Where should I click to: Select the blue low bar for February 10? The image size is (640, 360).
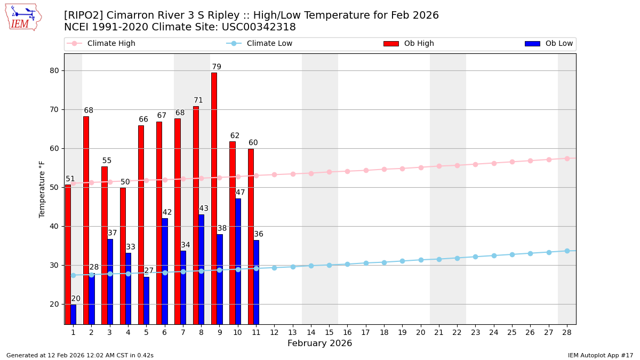point(238,261)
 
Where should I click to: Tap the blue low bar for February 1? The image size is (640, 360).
point(73,314)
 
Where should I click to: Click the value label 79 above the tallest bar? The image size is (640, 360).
point(217,67)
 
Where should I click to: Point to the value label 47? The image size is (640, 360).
point(241,193)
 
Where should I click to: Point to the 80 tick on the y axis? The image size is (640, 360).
point(55,70)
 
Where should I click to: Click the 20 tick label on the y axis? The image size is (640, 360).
point(55,304)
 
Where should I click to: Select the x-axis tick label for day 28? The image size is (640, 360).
point(567,332)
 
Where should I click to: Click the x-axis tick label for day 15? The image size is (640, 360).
point(329,332)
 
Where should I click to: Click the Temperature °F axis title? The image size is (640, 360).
point(42,189)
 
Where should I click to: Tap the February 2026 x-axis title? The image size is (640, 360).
point(320,343)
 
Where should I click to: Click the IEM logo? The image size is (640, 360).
point(23,17)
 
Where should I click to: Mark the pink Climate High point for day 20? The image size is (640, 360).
point(421,167)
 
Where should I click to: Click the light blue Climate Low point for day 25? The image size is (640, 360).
point(512,254)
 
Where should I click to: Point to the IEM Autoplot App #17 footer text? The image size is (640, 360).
point(601,355)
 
